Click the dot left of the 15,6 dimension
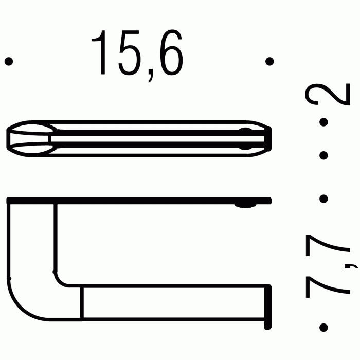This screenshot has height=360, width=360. tap(8, 61)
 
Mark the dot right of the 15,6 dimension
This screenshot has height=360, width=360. tap(269, 61)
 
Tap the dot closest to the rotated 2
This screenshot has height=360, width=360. tap(324, 122)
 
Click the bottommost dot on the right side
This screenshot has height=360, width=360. tap(324, 327)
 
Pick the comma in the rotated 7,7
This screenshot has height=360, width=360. tap(353, 265)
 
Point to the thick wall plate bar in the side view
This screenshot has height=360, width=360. tap(139, 200)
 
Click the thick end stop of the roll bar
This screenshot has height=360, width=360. tap(267, 307)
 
